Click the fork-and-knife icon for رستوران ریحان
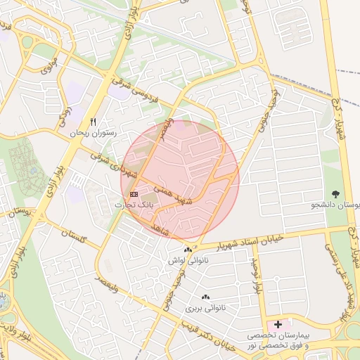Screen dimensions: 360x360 (x=92, y=122)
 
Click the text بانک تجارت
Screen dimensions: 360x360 (x=133, y=204)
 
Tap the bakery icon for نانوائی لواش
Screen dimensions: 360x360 (x=188, y=250)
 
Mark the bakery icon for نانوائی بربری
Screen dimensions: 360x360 (x=205, y=298)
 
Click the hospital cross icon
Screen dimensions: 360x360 (x=279, y=325)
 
